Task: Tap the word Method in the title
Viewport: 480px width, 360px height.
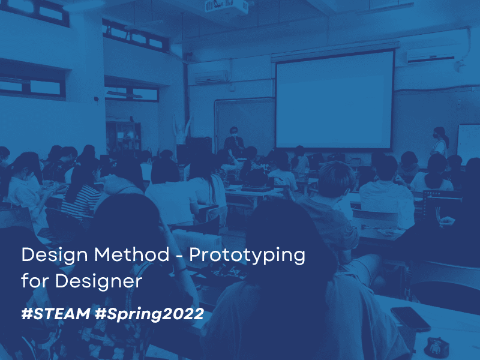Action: [x=131, y=254]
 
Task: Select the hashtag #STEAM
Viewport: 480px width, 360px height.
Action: [x=56, y=313]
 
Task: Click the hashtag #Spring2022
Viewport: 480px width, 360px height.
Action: [x=149, y=314]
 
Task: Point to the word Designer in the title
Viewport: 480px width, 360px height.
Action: [x=98, y=281]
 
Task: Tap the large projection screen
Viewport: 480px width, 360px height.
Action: [x=335, y=100]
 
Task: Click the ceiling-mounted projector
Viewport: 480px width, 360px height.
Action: [x=227, y=7]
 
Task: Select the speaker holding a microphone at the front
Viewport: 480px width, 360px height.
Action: [x=234, y=142]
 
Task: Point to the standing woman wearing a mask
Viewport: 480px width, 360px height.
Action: [x=440, y=142]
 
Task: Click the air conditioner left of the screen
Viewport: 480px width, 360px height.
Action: [x=211, y=77]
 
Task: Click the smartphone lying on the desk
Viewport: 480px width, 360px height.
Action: [x=410, y=319]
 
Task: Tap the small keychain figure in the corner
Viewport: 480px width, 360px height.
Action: [x=437, y=347]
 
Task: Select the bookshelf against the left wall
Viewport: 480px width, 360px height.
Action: [x=124, y=138]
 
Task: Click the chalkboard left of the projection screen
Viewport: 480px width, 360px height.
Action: [x=245, y=122]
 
